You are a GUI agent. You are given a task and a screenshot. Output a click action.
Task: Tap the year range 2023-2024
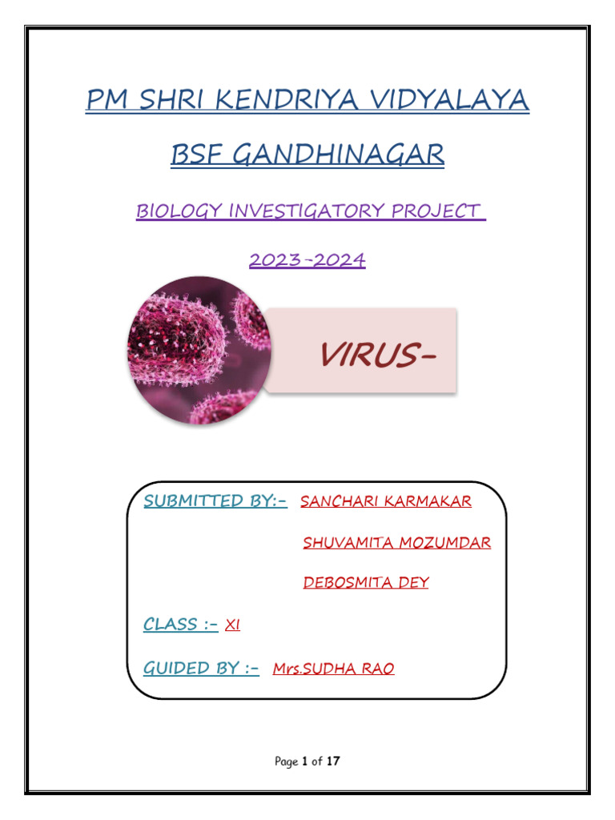307,260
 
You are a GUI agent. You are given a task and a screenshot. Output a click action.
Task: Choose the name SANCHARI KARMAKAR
386,502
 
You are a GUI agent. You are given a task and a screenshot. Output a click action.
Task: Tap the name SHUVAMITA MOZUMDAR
397,543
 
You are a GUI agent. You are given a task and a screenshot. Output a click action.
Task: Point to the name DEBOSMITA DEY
366,583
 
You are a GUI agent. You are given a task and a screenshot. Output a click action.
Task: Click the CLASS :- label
181,625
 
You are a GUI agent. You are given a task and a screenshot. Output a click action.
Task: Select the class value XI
233,625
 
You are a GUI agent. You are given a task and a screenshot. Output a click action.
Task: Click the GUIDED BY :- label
201,668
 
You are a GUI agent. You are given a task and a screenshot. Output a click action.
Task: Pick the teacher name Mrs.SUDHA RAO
333,669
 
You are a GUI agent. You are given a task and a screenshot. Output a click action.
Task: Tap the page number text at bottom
307,762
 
